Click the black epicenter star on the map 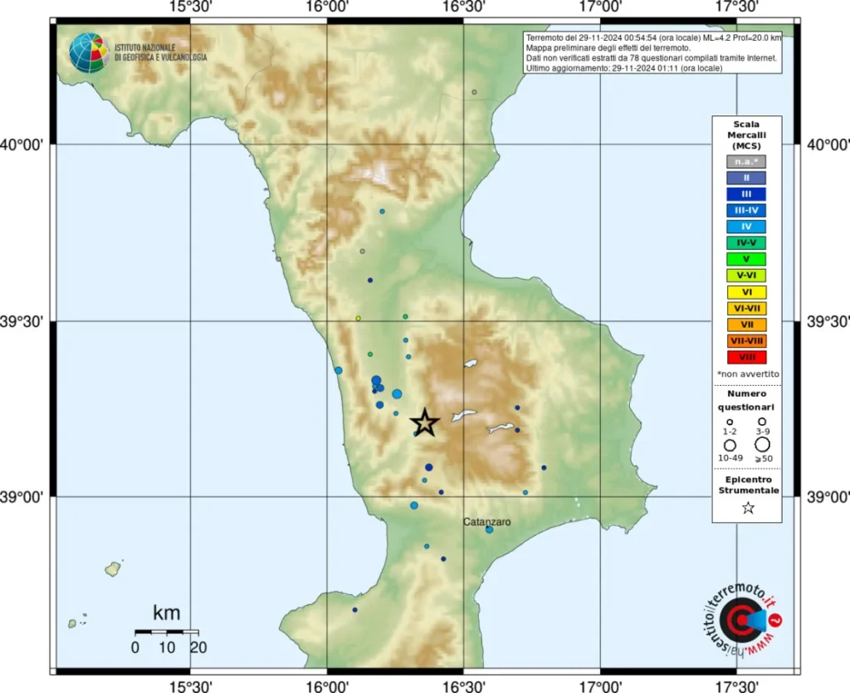click(x=424, y=422)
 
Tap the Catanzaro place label click(x=487, y=521)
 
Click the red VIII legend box click(x=746, y=358)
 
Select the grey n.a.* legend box click(x=746, y=162)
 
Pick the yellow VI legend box click(x=746, y=292)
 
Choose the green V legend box click(x=746, y=259)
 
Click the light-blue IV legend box click(x=746, y=227)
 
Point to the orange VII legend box click(x=746, y=325)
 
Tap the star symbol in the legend click(x=747, y=508)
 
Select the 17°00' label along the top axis click(x=600, y=7)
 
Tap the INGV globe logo click(x=89, y=53)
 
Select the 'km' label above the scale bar click(x=166, y=614)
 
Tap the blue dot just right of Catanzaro click(x=489, y=530)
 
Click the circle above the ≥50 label click(x=761, y=445)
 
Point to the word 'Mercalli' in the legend click(x=746, y=134)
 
